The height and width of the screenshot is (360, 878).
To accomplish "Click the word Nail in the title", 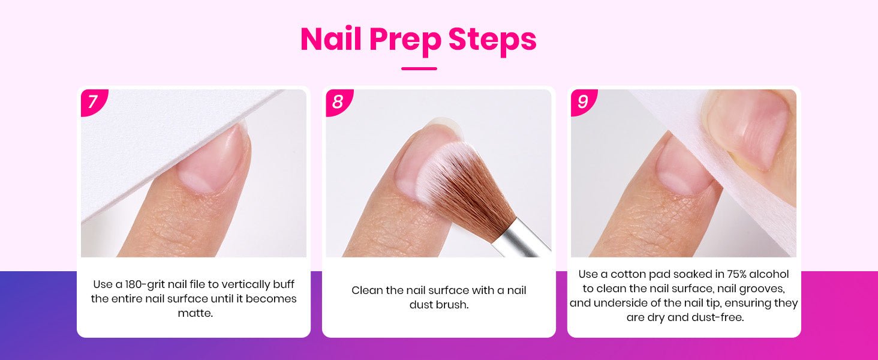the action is (x=330, y=39).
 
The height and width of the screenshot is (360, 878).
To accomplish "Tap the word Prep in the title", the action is (x=404, y=41).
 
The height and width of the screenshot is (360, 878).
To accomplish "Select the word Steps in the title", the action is (x=492, y=41).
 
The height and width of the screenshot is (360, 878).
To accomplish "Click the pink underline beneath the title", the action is (x=419, y=68).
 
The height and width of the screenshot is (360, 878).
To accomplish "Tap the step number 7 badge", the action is (x=93, y=101).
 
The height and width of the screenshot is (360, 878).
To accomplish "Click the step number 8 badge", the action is (x=338, y=101).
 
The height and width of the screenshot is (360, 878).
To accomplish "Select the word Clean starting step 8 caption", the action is (x=367, y=290).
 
